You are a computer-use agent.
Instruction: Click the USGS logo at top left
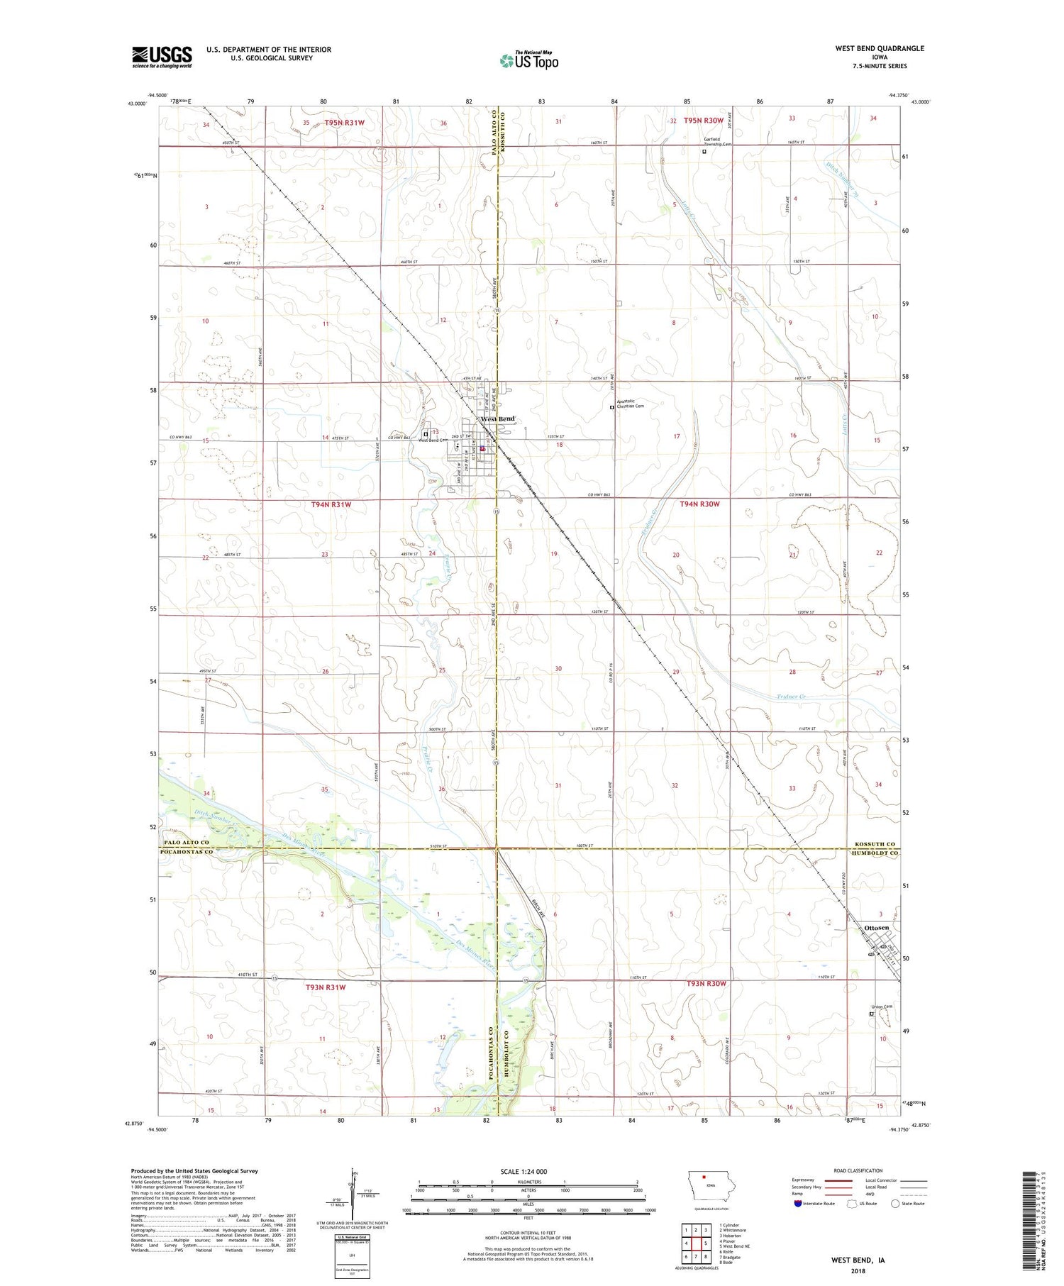click(x=162, y=57)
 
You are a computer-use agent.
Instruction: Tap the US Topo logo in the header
click(x=529, y=61)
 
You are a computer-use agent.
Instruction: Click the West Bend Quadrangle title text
click(x=879, y=48)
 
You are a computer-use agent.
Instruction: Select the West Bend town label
click(x=498, y=418)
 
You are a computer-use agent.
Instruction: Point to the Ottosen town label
click(x=877, y=928)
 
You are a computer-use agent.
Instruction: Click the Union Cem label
click(x=882, y=1007)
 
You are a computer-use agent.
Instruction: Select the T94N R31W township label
click(x=331, y=504)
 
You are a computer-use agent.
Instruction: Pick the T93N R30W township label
click(x=706, y=983)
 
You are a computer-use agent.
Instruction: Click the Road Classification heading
click(x=858, y=1170)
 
